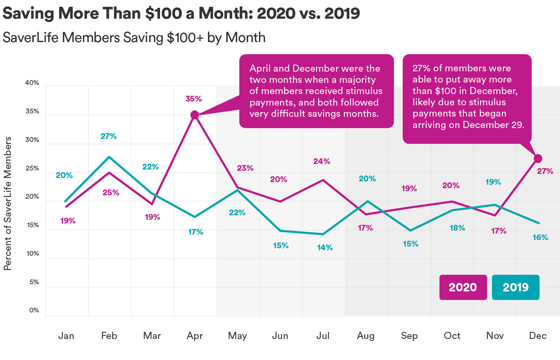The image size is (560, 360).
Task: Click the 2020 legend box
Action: (x=463, y=287)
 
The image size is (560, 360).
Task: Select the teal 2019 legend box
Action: (x=515, y=287)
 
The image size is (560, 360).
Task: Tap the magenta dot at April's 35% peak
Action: (x=194, y=115)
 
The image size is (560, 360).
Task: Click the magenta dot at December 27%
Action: (x=538, y=158)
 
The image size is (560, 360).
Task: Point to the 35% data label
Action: (x=193, y=99)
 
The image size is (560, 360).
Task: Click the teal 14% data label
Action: (x=325, y=248)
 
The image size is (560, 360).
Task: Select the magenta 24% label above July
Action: (x=322, y=161)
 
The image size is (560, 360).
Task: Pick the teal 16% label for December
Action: (x=540, y=237)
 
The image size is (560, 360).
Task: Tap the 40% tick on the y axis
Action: (x=32, y=83)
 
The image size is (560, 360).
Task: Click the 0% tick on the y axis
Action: (x=34, y=310)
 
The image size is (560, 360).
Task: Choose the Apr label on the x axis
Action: (x=194, y=336)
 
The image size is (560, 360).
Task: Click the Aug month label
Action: (x=366, y=336)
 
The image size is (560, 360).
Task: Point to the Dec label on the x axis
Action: (x=538, y=336)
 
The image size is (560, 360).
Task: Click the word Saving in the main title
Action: (x=29, y=14)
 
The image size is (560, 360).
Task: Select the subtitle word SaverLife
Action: (x=31, y=38)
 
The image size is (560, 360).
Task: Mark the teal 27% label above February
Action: (x=109, y=136)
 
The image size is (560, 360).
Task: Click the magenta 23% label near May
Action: (x=245, y=168)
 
